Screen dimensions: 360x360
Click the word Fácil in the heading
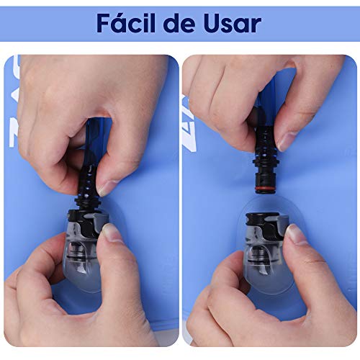pos(128,23)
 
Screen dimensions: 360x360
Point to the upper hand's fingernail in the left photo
pos(107,188)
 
